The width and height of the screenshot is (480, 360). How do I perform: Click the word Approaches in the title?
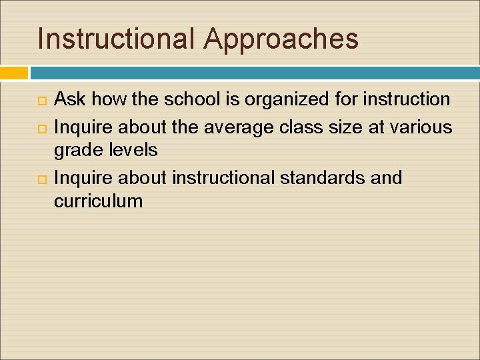281,39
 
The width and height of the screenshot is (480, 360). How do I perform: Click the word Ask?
69,100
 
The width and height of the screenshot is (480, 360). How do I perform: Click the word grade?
79,151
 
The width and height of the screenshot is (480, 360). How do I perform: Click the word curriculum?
98,201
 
